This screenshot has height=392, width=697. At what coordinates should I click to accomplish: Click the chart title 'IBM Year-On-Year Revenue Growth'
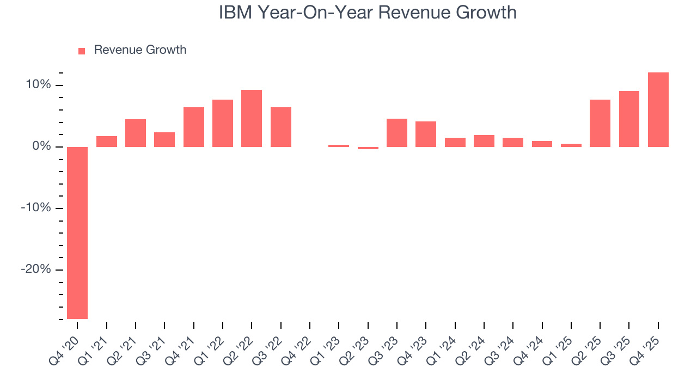point(368,13)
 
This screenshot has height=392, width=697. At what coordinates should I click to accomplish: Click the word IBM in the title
point(236,13)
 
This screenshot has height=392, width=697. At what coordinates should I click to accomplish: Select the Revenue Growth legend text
point(140,50)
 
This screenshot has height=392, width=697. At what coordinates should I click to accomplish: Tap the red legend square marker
point(82,51)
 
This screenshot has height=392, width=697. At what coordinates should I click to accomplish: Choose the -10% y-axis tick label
point(36,209)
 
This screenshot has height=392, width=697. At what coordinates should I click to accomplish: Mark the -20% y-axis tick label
point(36,270)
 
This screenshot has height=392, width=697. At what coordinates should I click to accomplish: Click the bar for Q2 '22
point(252,118)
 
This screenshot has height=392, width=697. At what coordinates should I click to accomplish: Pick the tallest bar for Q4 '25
point(658,109)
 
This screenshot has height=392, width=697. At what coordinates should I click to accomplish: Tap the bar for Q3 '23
point(397,133)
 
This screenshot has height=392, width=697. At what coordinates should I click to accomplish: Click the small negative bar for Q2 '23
point(368,148)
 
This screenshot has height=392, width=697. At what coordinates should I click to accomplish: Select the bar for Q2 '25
point(600,123)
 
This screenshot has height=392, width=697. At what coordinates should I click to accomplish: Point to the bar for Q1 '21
point(107,142)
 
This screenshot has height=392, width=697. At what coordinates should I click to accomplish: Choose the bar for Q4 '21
point(194,127)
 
